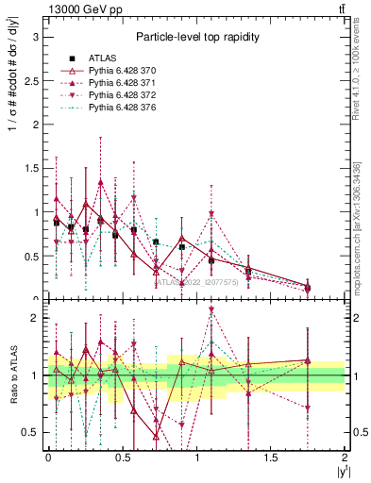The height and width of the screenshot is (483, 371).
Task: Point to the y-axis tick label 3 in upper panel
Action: (35, 37)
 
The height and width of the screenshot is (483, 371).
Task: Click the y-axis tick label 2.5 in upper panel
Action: (30, 80)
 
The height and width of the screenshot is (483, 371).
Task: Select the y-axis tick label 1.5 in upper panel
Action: (30, 168)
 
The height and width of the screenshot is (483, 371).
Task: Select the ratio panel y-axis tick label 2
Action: (35, 319)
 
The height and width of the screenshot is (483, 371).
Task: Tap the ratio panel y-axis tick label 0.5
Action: (30, 432)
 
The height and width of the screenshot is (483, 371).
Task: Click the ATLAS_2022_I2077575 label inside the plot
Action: (197, 281)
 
